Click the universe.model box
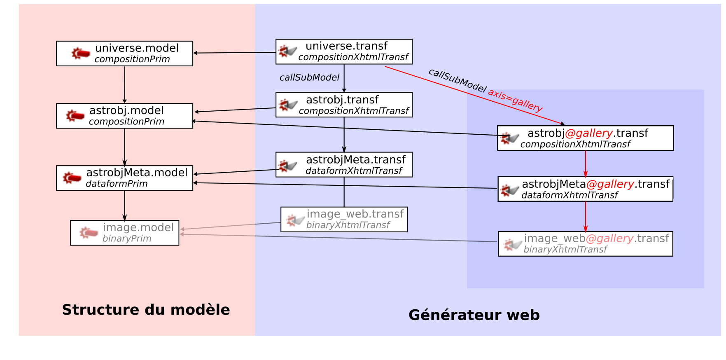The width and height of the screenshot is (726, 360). [124, 54]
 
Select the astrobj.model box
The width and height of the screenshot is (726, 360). [124, 116]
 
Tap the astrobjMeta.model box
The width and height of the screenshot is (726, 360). [124, 178]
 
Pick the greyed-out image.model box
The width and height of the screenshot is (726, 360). [124, 233]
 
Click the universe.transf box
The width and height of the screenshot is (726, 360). [344, 51]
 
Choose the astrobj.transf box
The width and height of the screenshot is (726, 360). [344, 105]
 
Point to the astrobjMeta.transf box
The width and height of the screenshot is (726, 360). [344, 165]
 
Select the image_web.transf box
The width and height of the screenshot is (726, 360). [344, 220]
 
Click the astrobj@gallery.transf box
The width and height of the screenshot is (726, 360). [585, 138]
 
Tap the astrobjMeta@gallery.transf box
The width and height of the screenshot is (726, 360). [585, 189]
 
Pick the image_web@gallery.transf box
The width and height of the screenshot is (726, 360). [585, 244]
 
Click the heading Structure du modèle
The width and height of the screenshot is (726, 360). [146, 310]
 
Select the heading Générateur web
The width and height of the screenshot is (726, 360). [474, 315]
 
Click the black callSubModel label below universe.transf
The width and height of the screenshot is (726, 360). [309, 77]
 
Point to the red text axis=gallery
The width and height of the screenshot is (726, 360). [515, 100]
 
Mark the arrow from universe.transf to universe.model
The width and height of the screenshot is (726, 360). [235, 53]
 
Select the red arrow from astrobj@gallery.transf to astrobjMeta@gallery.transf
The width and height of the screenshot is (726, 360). [586, 164]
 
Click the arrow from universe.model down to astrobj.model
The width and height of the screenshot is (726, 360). [125, 84]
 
